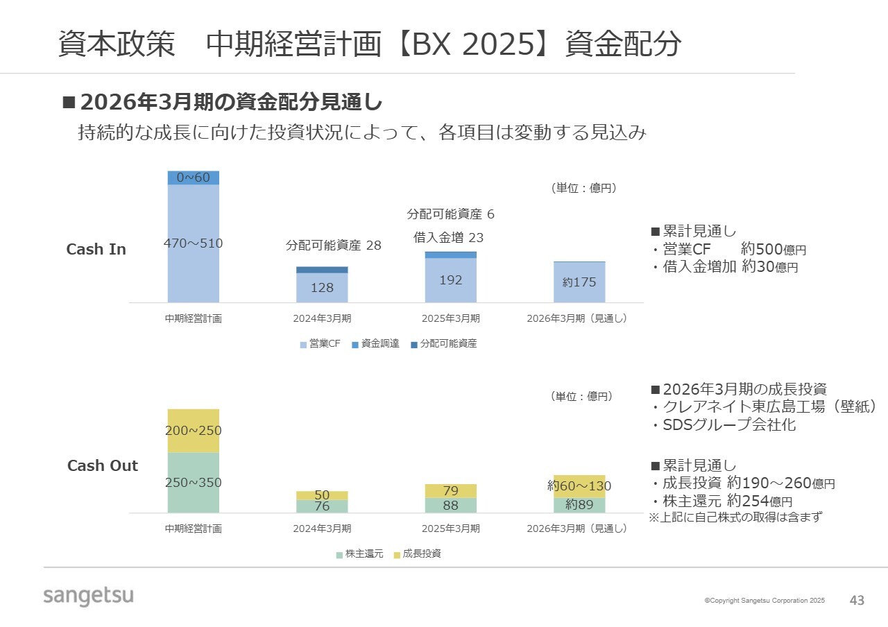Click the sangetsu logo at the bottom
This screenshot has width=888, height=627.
pyautogui.click(x=88, y=595)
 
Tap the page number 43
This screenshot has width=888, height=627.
pyautogui.click(x=857, y=601)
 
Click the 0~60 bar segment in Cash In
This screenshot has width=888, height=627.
pyautogui.click(x=193, y=178)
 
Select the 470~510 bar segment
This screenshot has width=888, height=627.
pyautogui.click(x=193, y=243)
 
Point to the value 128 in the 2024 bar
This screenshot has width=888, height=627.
pyautogui.click(x=322, y=287)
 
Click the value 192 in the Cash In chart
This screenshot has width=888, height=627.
pyautogui.click(x=451, y=280)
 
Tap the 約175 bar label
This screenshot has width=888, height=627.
pyautogui.click(x=579, y=282)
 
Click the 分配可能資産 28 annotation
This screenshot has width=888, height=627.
pyautogui.click(x=334, y=246)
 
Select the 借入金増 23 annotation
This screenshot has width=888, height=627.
pyautogui.click(x=449, y=237)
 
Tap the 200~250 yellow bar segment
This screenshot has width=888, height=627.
pyautogui.click(x=193, y=431)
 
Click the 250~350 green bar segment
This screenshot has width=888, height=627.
pyautogui.click(x=193, y=483)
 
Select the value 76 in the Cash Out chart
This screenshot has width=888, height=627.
pyautogui.click(x=322, y=506)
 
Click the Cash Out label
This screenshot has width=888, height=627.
pyautogui.click(x=103, y=465)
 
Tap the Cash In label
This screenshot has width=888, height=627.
pyautogui.click(x=96, y=249)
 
